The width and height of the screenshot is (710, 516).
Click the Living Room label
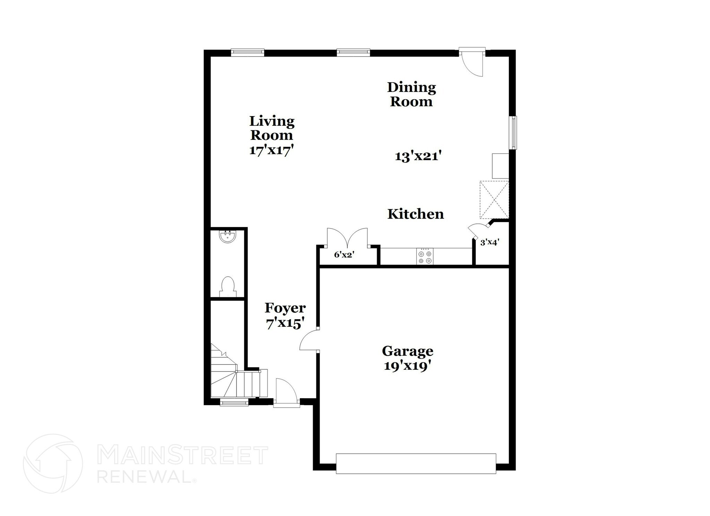pyautogui.click(x=272, y=128)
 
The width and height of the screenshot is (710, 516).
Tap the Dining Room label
pyautogui.click(x=411, y=94)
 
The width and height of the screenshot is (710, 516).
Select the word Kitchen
pyautogui.click(x=415, y=214)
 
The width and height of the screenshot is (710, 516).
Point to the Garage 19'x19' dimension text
pyautogui.click(x=407, y=366)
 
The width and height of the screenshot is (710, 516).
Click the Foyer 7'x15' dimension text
pyautogui.click(x=285, y=324)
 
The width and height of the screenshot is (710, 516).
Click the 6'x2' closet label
pyautogui.click(x=344, y=255)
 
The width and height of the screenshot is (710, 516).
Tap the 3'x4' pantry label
pyautogui.click(x=490, y=243)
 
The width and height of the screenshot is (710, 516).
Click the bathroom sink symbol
pyautogui.click(x=227, y=237)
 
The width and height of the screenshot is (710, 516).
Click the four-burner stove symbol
pyautogui.click(x=425, y=257)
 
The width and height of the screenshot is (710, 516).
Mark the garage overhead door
pyautogui.click(x=416, y=463)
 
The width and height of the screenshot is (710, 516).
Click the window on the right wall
pyautogui.click(x=513, y=133)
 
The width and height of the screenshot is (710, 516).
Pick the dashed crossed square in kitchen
pyautogui.click(x=494, y=200)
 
